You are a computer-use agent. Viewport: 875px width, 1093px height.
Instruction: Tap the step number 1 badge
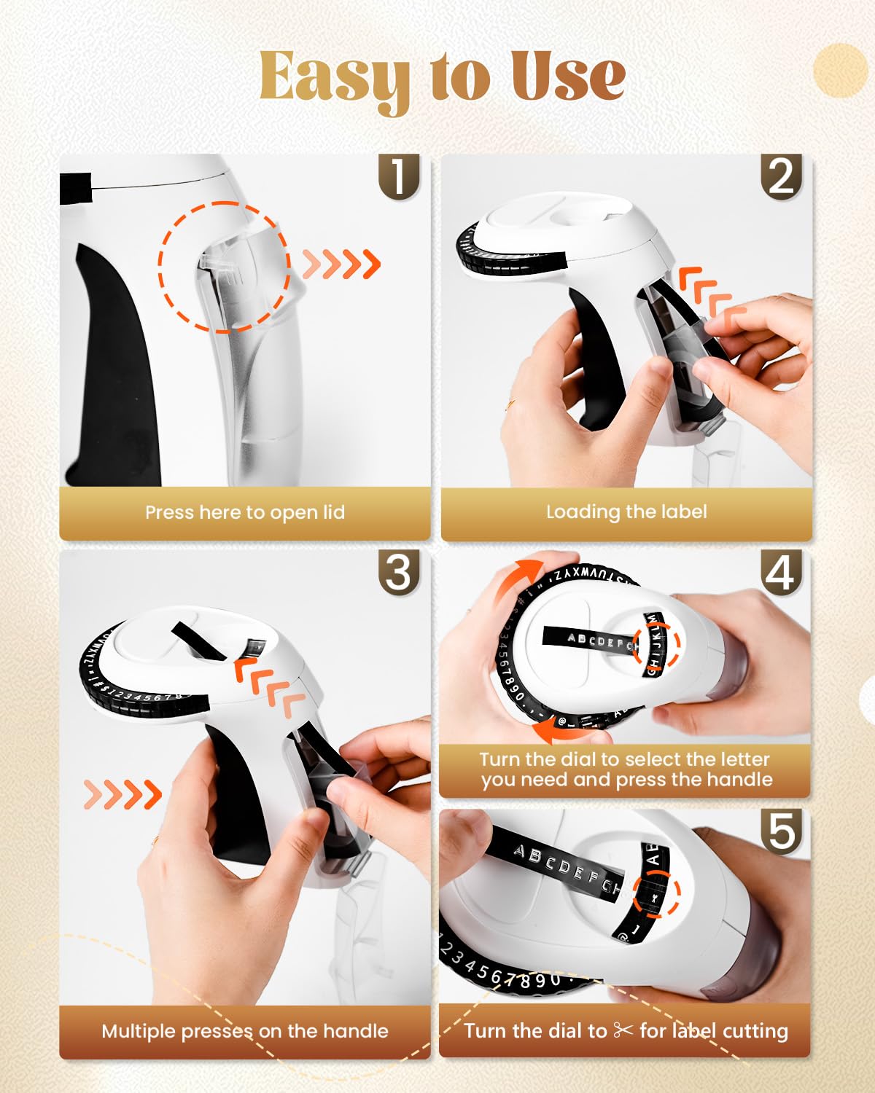[x=399, y=177]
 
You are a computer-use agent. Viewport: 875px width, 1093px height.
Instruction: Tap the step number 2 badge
[x=781, y=177]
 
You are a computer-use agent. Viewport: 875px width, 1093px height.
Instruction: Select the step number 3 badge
[x=399, y=573]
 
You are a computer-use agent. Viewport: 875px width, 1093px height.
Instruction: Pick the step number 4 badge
[x=781, y=573]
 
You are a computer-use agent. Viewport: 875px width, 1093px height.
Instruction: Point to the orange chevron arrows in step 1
[x=341, y=264]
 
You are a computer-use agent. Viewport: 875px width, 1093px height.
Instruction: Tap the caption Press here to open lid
[x=245, y=512]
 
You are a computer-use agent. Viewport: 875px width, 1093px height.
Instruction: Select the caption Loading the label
[x=626, y=512]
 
